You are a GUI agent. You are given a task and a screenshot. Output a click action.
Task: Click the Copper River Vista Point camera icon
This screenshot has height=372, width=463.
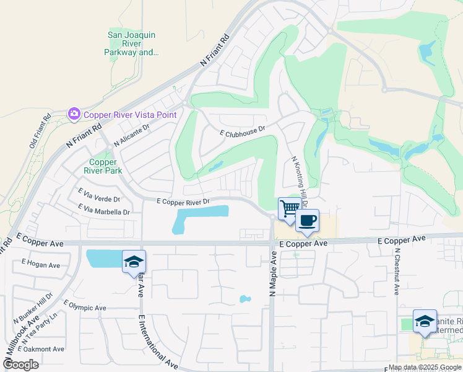pyautogui.click(x=74, y=114)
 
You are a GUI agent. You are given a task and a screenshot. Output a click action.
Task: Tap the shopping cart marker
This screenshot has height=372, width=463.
pyautogui.click(x=288, y=208)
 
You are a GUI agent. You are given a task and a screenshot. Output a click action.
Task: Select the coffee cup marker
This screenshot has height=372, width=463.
pyautogui.click(x=307, y=220)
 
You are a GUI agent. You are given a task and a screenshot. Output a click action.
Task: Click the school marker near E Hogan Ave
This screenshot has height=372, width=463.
pyautogui.click(x=133, y=262)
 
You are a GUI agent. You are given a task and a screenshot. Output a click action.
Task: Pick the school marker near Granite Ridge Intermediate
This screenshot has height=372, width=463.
pyautogui.click(x=424, y=321)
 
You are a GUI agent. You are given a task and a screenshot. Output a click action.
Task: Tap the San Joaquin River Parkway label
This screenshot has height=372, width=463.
pyautogui.click(x=132, y=44)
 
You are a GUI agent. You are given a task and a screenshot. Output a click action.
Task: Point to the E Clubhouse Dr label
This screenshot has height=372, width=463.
pyautogui.click(x=242, y=131)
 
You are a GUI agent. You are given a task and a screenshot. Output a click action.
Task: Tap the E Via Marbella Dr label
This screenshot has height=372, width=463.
pyautogui.click(x=103, y=211)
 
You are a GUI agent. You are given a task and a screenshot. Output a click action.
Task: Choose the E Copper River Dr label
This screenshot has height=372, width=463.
pyautogui.click(x=183, y=201)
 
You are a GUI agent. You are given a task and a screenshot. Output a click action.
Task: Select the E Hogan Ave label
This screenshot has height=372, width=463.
pyautogui.click(x=40, y=265)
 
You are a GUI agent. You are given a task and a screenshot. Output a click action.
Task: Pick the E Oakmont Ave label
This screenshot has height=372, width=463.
pyautogui.click(x=42, y=349)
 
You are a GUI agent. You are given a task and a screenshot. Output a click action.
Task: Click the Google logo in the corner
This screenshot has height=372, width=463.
pyautogui.click(x=20, y=364)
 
